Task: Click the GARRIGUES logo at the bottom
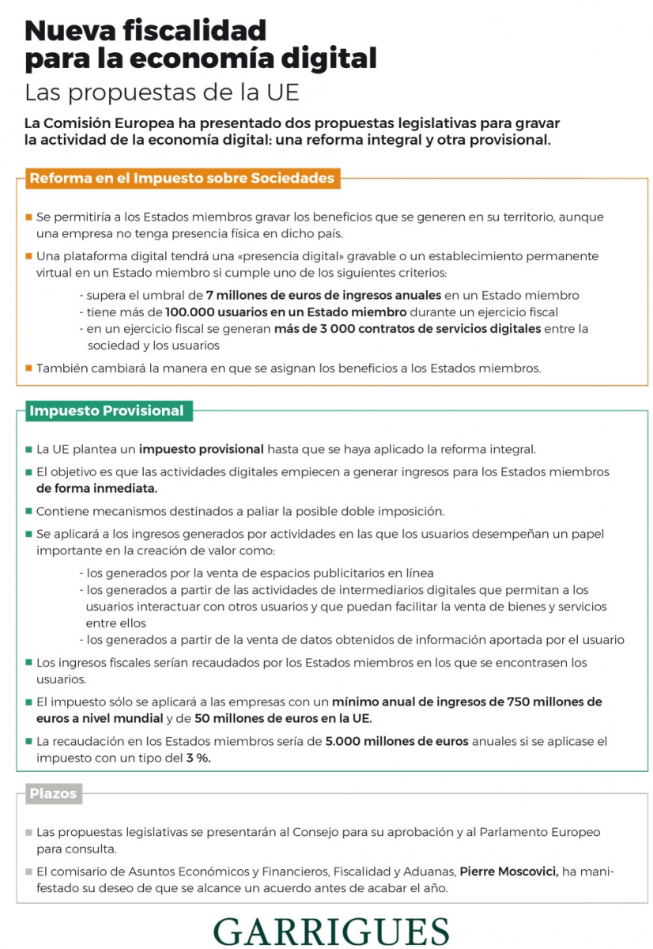[x=330, y=931]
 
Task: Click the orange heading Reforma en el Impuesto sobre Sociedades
[x=182, y=179]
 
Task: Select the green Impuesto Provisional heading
[x=107, y=410]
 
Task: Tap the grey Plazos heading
[x=53, y=793]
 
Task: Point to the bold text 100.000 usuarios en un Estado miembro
[x=286, y=312]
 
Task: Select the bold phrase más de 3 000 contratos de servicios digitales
[x=407, y=328]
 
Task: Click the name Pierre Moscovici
[x=510, y=871]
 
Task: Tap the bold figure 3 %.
[x=198, y=758]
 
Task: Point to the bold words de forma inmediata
[x=96, y=488]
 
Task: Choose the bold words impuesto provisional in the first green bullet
[x=202, y=449]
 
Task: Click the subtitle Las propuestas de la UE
[x=162, y=93]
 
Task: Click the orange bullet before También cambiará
[x=28, y=368]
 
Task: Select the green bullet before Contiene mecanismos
[x=28, y=511]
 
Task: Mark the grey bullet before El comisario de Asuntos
[x=28, y=871]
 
